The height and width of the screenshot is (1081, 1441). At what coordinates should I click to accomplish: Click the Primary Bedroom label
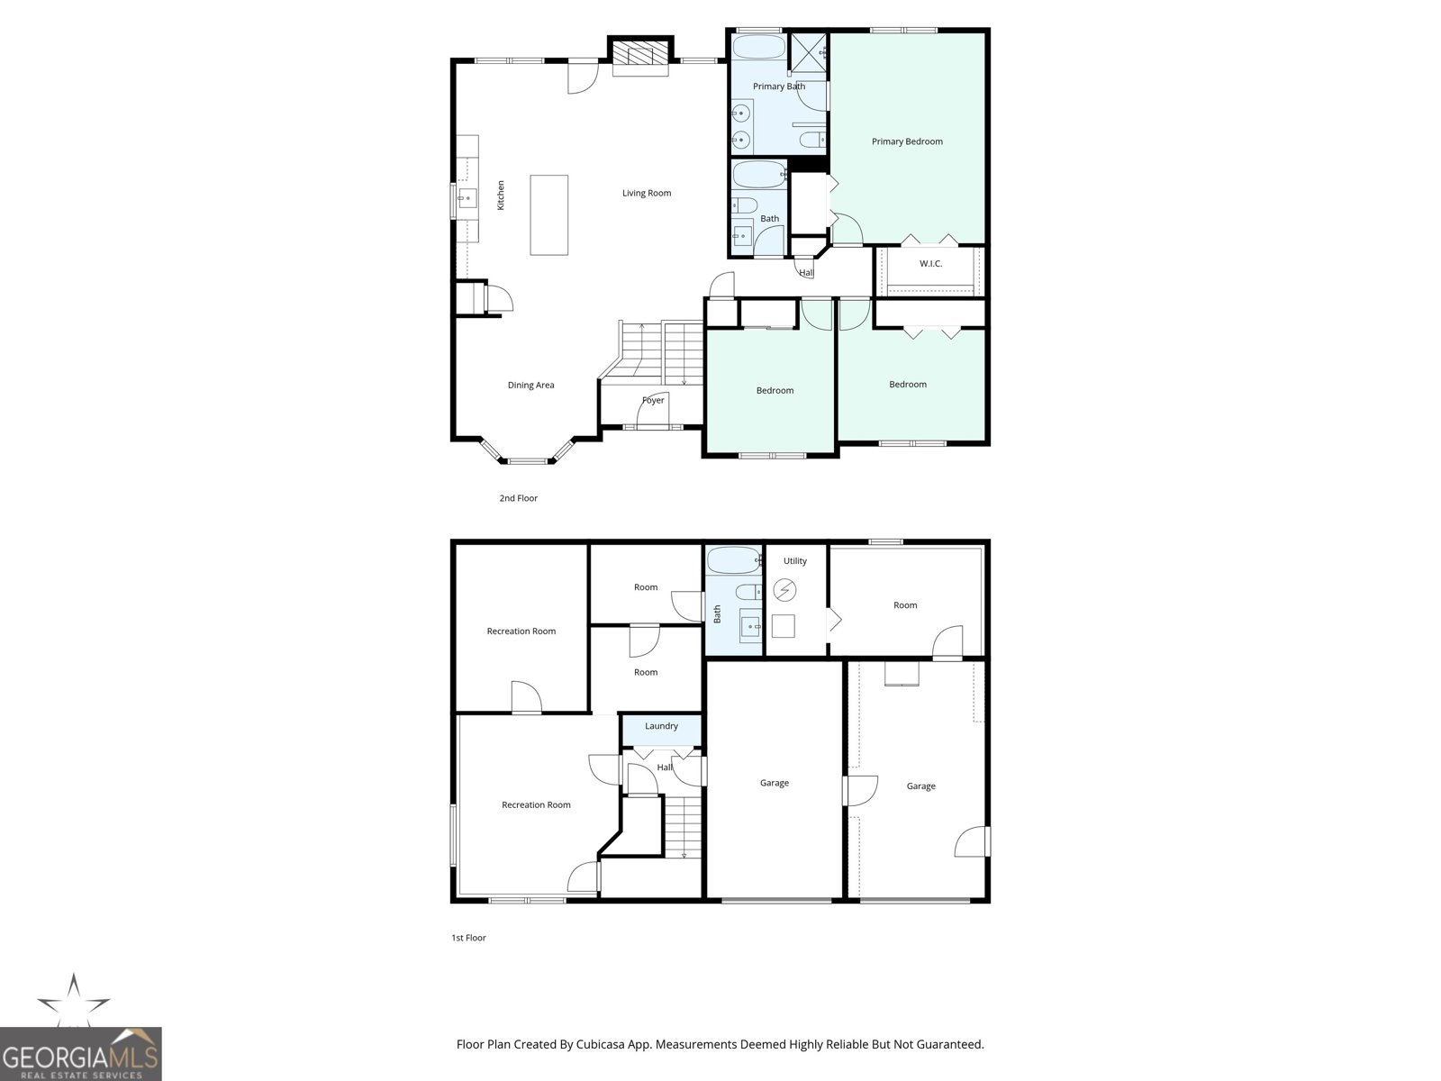click(907, 141)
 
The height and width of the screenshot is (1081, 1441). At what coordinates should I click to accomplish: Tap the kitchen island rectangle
click(548, 215)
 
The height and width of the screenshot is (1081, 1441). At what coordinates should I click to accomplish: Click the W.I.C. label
click(930, 264)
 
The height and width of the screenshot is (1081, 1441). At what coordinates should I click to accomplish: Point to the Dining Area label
click(530, 386)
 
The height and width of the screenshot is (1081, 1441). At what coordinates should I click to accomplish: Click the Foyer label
click(653, 400)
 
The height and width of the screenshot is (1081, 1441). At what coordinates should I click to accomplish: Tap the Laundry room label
click(661, 726)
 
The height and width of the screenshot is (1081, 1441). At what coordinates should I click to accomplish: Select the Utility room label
click(794, 561)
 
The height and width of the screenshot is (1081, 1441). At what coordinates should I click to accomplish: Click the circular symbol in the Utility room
click(785, 590)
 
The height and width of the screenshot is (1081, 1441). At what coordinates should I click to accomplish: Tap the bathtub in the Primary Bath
click(758, 47)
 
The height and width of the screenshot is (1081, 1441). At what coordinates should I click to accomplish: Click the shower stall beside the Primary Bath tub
click(809, 50)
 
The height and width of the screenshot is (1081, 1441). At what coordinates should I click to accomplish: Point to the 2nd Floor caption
click(519, 498)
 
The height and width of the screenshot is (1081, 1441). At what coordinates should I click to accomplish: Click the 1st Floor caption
click(468, 938)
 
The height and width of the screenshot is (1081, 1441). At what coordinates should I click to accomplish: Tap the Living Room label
click(647, 193)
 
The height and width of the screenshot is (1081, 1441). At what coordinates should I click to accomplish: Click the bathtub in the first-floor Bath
click(734, 560)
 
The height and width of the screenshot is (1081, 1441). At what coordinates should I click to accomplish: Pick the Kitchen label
click(502, 195)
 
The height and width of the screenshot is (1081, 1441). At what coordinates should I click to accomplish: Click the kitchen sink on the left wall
click(466, 198)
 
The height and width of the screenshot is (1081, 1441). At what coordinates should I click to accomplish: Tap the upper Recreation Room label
click(521, 631)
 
